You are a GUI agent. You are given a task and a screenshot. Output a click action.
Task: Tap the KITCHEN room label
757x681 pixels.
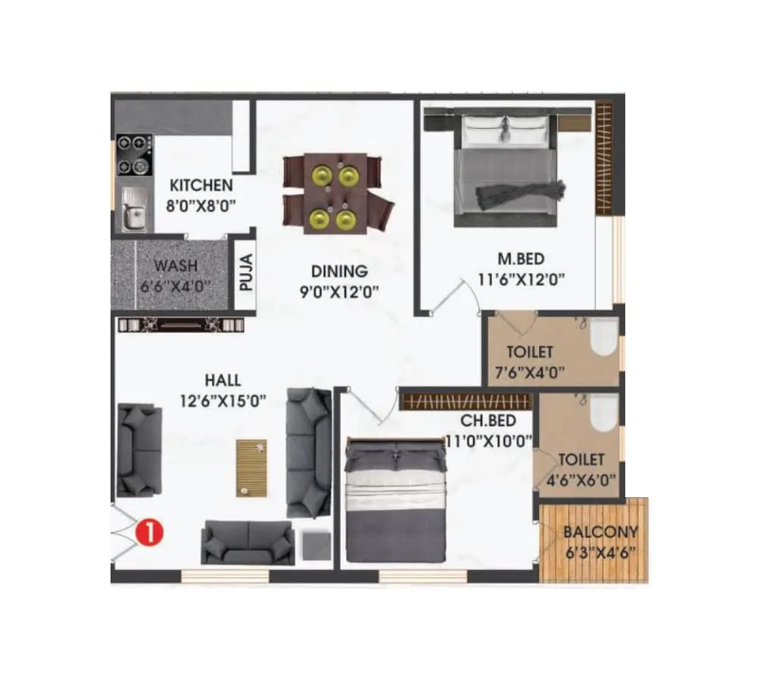(x=201, y=185)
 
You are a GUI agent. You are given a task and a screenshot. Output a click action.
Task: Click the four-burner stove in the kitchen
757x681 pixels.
(x=134, y=154)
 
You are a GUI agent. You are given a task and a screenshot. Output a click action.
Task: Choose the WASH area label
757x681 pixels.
(x=176, y=266)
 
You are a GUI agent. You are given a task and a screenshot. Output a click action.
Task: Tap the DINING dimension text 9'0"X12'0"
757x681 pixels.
(x=338, y=290)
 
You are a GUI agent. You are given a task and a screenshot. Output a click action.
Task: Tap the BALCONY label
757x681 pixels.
(x=600, y=531)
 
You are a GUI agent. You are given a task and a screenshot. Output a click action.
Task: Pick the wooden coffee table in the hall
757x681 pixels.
(x=251, y=468)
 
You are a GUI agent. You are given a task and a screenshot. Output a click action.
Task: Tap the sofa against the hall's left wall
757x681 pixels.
(x=139, y=449)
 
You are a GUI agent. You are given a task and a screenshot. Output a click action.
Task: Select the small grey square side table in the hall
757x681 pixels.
(x=316, y=546)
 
